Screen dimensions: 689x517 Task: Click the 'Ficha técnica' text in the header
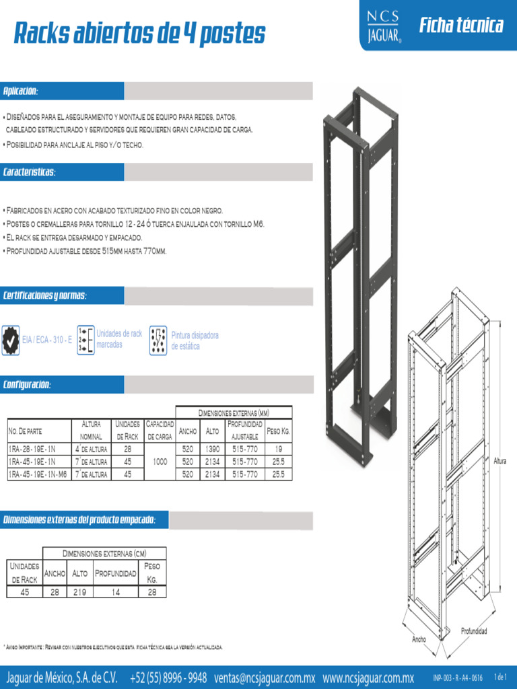tap(461, 26)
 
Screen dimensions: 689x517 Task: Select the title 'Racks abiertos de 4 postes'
tap(140, 33)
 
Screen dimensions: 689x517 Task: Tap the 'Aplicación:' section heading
tap(21, 91)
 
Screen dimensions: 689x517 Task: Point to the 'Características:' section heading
tap(30, 172)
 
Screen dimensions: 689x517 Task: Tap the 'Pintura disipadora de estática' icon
tap(158, 340)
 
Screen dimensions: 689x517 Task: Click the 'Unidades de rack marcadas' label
tap(119, 338)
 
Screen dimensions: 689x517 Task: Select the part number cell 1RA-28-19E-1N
tap(32, 449)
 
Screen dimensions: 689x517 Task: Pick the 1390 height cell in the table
tap(212, 449)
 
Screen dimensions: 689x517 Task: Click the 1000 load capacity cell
tap(160, 462)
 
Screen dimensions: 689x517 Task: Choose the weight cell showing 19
tap(278, 449)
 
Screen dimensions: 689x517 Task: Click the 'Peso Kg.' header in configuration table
tap(278, 431)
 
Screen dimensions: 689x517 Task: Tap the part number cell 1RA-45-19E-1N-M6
tap(38, 474)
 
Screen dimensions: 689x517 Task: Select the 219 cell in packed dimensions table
tap(79, 592)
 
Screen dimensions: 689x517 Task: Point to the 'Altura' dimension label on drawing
tap(499, 462)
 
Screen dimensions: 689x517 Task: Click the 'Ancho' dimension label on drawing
tap(419, 639)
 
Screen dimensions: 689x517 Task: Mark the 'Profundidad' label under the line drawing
tap(474, 631)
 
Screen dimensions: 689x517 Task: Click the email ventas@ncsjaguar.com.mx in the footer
tap(265, 677)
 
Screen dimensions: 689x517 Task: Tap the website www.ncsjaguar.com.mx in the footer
tap(368, 677)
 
